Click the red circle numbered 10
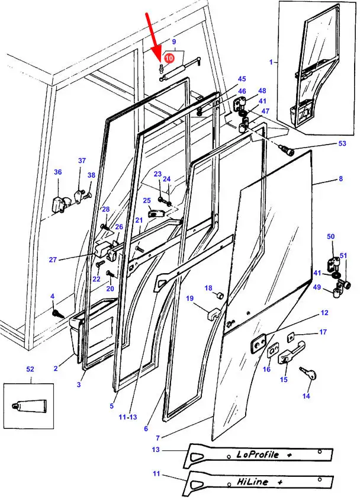(169, 58)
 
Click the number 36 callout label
(58, 172)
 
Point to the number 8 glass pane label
(340, 178)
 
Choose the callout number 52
(30, 369)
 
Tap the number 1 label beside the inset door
(271, 62)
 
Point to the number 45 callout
(242, 79)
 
